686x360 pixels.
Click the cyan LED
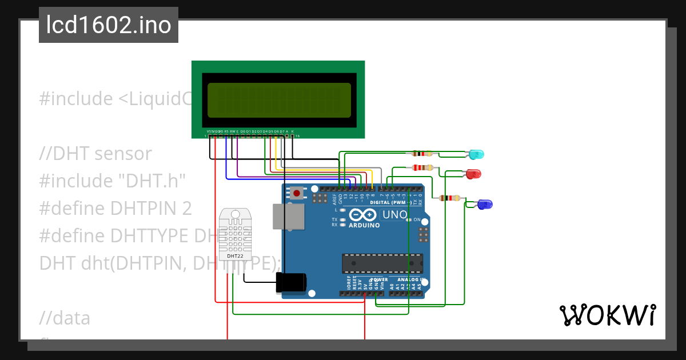pyautogui.click(x=476, y=154)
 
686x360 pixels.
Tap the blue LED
pyautogui.click(x=484, y=204)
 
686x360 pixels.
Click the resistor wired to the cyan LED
pyautogui.click(x=422, y=154)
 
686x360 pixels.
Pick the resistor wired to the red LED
pyautogui.click(x=422, y=167)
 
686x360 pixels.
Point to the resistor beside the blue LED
pyautogui.click(x=449, y=198)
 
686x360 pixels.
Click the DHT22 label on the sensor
pyautogui.click(x=235, y=256)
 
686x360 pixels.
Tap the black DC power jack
pyautogui.click(x=291, y=283)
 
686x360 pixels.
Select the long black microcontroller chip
pyautogui.click(x=382, y=263)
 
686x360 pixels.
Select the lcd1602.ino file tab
pyautogui.click(x=109, y=25)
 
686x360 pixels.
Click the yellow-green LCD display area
pyautogui.click(x=279, y=101)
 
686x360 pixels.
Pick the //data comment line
pyautogui.click(x=65, y=318)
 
